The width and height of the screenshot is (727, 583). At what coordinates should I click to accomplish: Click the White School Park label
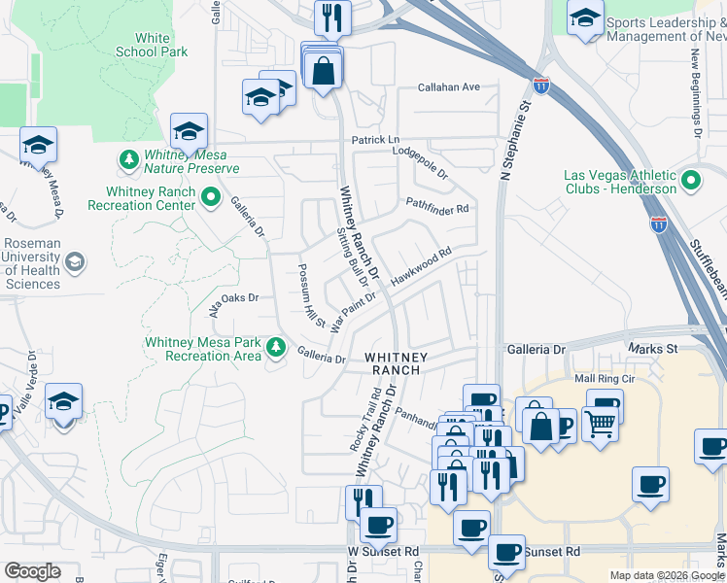(151, 45)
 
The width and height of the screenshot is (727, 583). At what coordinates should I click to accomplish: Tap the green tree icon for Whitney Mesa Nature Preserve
(128, 158)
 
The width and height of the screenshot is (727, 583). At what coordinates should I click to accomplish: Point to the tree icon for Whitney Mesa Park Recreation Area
(276, 347)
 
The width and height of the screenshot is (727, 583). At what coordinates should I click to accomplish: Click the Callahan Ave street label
(449, 87)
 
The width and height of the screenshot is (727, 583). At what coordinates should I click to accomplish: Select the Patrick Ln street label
(375, 140)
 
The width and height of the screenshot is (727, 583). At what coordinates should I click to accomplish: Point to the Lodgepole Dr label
(420, 161)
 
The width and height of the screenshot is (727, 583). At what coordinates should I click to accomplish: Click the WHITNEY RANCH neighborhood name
(393, 363)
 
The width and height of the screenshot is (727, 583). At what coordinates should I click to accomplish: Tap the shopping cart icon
(601, 422)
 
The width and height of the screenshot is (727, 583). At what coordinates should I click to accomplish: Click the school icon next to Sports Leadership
(585, 17)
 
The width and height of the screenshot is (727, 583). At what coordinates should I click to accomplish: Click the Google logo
(32, 570)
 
